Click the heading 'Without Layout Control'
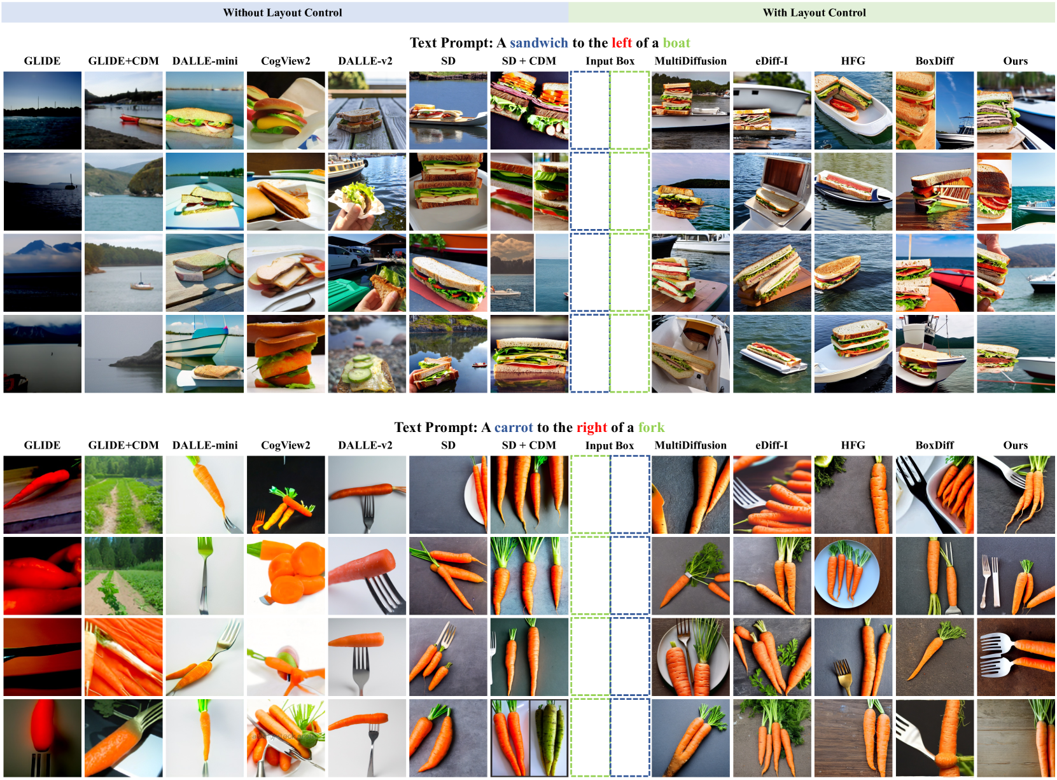coord(283,13)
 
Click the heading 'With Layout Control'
coord(814,13)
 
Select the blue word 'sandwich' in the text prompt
coord(539,43)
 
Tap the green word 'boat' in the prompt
coord(676,43)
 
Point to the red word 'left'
coord(622,43)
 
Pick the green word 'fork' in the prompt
coord(652,427)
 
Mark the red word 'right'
coord(591,428)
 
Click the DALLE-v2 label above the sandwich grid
coord(365,61)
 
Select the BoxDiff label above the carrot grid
coord(935,445)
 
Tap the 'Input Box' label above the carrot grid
coord(610,445)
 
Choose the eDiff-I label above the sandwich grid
coord(771,61)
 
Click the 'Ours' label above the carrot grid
coord(1016,445)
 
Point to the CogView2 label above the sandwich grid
coord(286,61)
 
